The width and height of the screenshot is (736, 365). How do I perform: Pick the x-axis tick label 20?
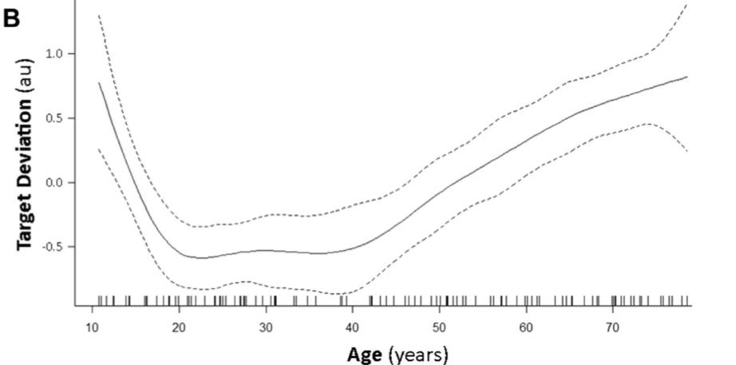pyautogui.click(x=180, y=328)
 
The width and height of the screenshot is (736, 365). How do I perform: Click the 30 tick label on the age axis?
pyautogui.click(x=266, y=328)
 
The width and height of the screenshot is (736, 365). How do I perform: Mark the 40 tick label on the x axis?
pyautogui.click(x=353, y=328)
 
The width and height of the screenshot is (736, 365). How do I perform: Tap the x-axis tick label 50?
pyautogui.click(x=439, y=328)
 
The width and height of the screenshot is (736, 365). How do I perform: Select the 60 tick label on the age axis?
pyautogui.click(x=526, y=328)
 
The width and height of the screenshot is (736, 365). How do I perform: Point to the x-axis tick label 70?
pyautogui.click(x=612, y=328)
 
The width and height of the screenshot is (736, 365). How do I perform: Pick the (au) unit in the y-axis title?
pyautogui.click(x=26, y=60)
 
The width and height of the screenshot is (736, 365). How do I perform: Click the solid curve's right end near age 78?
pyautogui.click(x=687, y=77)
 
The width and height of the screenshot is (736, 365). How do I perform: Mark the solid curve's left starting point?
pyautogui.click(x=98, y=82)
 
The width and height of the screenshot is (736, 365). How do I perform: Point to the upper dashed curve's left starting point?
pyautogui.click(x=98, y=15)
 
